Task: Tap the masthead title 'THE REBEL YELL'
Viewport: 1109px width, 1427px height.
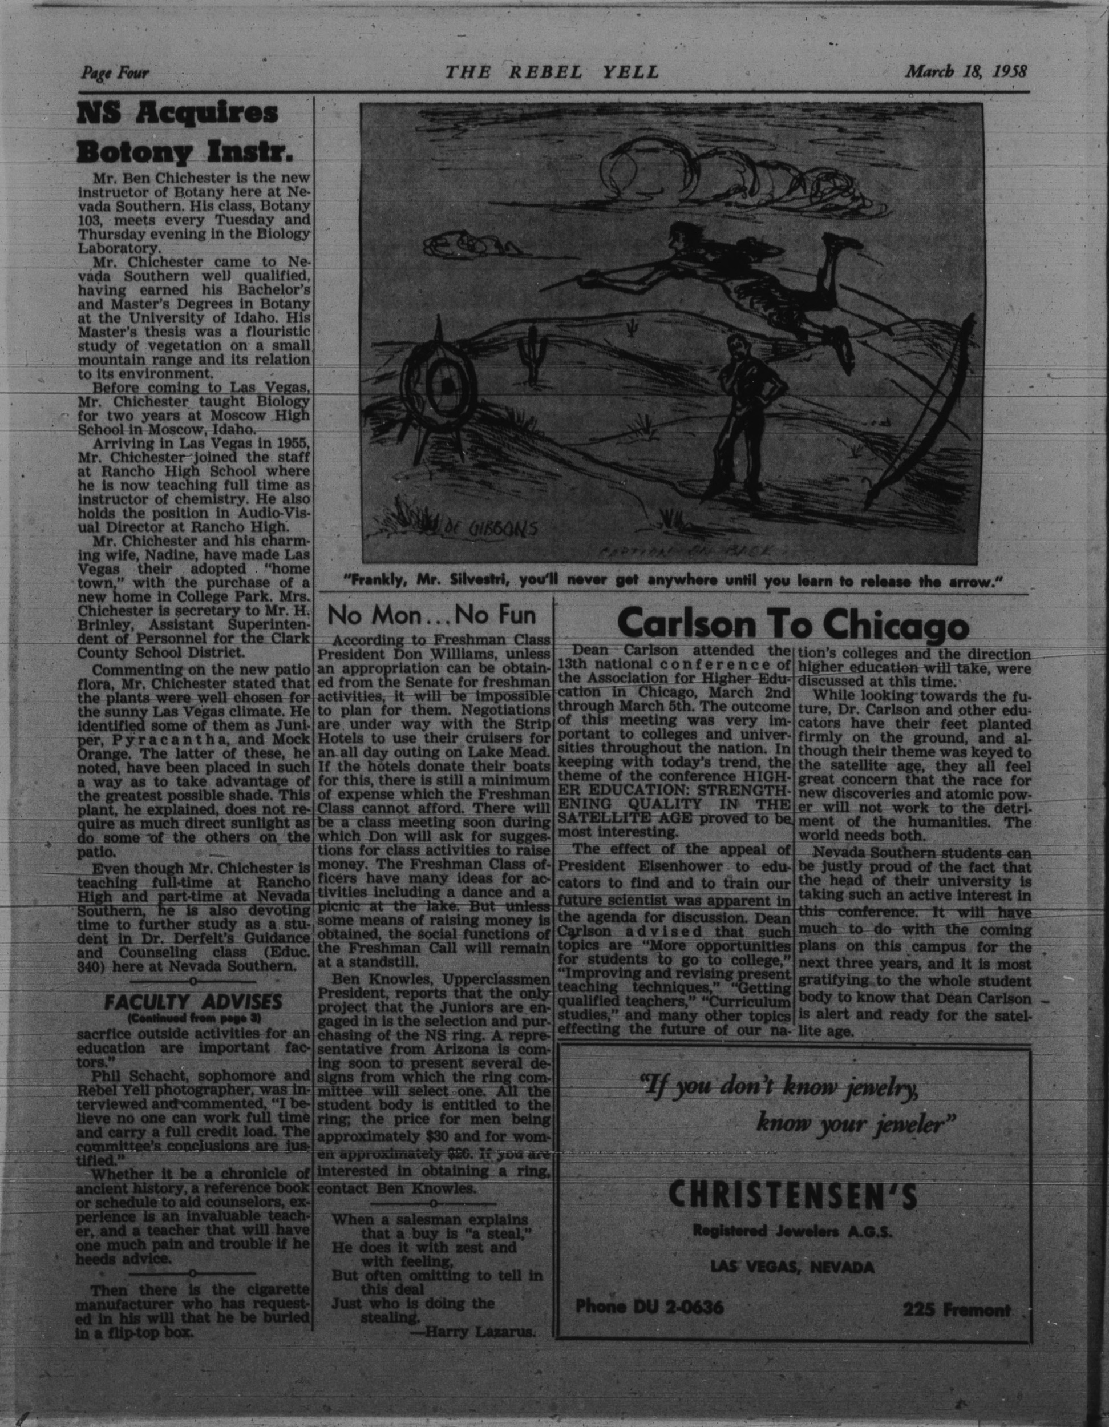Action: click(x=551, y=72)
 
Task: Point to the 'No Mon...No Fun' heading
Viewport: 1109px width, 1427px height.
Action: click(x=432, y=615)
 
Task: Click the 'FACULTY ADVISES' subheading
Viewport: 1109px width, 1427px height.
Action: click(x=193, y=1002)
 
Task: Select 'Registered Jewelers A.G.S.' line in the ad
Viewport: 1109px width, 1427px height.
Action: click(x=792, y=1232)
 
